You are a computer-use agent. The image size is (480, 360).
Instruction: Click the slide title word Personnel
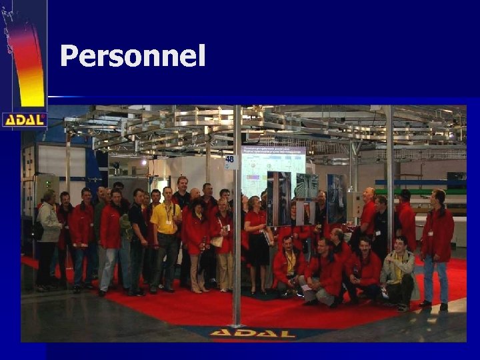click(x=133, y=57)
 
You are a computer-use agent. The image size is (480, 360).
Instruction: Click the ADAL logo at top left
click(x=24, y=120)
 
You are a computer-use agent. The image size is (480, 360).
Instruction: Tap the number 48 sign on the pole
click(x=231, y=161)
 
